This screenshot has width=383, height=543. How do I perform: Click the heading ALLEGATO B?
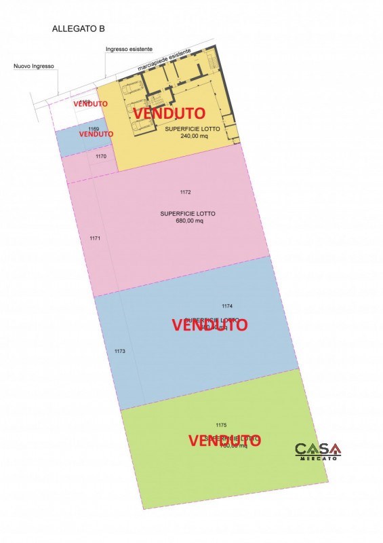(x=78, y=29)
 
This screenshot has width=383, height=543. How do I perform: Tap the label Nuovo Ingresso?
(x=33, y=67)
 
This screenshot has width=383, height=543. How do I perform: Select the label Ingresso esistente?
(x=129, y=50)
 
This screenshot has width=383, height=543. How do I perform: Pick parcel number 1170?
(x=101, y=157)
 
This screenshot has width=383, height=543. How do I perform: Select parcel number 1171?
(x=95, y=238)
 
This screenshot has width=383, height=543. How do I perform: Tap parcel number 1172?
(x=186, y=193)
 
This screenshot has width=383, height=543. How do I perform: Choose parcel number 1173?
(x=120, y=351)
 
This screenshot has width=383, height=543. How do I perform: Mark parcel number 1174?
(x=227, y=306)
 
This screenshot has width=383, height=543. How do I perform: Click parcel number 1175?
(x=220, y=425)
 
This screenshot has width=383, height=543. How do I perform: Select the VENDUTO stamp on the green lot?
(x=224, y=441)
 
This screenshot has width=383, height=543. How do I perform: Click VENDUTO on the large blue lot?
(x=209, y=324)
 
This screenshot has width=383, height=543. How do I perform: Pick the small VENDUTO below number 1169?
(x=96, y=134)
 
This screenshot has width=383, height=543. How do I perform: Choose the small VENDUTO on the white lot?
(x=91, y=104)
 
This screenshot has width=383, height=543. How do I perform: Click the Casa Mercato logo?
(x=318, y=451)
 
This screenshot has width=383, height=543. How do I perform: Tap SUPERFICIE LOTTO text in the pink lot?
(x=188, y=213)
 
